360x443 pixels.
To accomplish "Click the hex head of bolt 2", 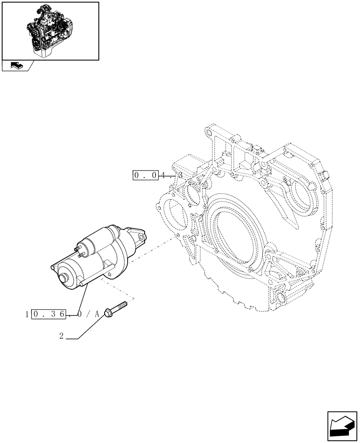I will coord(108,314).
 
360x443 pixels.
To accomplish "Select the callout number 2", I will coord(61,336).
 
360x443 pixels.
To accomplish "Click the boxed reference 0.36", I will coord(49,314).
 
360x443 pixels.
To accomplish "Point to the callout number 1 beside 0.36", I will coord(27,314).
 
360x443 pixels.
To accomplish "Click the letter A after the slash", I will coord(97,314).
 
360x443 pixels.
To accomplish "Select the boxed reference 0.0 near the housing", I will coord(145,175).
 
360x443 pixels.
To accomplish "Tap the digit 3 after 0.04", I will coord(180,175).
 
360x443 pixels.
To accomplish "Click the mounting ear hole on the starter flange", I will coord(141,237).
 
